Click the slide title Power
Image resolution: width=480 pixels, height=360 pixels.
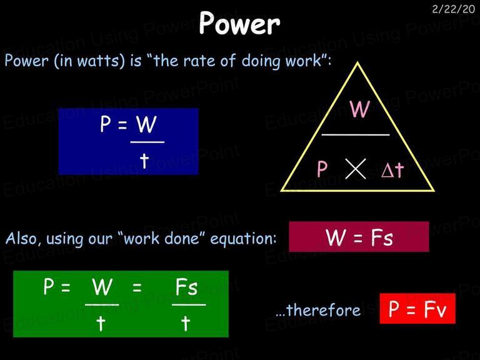(239, 23)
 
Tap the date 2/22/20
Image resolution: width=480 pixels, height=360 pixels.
(453, 9)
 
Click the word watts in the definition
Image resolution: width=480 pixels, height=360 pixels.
(101, 61)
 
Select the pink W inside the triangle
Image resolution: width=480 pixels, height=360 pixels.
(360, 109)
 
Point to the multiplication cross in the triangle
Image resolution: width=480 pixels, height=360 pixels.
(356, 169)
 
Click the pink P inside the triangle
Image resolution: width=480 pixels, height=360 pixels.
(322, 169)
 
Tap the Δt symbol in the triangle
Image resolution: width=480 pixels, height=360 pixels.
(392, 169)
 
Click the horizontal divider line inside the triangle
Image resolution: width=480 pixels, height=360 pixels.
(356, 134)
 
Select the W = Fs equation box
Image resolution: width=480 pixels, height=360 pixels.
(359, 237)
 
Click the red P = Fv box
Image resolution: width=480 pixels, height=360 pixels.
(417, 308)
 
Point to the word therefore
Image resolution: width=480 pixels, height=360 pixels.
(324, 310)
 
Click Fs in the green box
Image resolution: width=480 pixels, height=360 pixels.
(186, 287)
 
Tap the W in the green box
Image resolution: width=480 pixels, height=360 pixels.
(102, 287)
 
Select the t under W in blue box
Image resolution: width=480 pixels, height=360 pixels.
(144, 161)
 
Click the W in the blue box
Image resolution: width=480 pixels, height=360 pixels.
(146, 124)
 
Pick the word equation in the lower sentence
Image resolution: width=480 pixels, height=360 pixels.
(243, 239)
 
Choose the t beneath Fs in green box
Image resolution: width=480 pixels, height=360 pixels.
(185, 324)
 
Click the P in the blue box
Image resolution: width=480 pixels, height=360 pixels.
(105, 124)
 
